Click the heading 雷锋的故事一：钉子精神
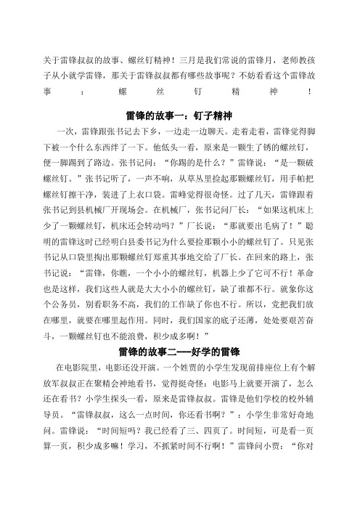coord(179,116)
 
